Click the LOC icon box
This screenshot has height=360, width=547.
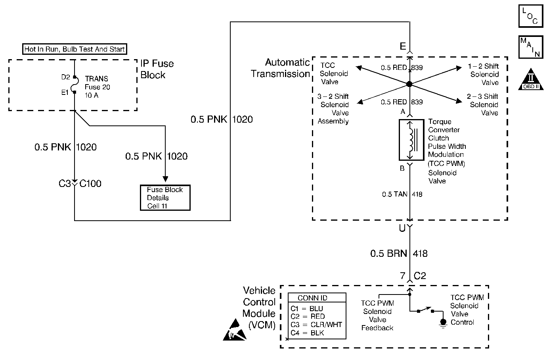[x=531, y=15]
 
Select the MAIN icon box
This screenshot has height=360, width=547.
[x=531, y=47]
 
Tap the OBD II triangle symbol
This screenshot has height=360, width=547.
[x=531, y=79]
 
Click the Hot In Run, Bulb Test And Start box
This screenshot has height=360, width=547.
[x=75, y=49]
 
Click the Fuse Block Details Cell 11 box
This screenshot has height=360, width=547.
[x=165, y=198]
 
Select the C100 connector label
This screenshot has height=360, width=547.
[x=90, y=184]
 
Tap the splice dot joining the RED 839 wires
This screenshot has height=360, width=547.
[x=409, y=84]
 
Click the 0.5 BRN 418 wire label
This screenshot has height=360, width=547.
[x=399, y=253]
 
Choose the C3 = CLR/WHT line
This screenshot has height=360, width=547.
[x=316, y=324]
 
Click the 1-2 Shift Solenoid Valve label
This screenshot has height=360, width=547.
[x=484, y=74]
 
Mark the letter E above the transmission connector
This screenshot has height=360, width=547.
[x=403, y=47]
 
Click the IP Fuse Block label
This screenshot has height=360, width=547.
[x=157, y=69]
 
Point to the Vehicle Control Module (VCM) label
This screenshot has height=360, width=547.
[x=259, y=308]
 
